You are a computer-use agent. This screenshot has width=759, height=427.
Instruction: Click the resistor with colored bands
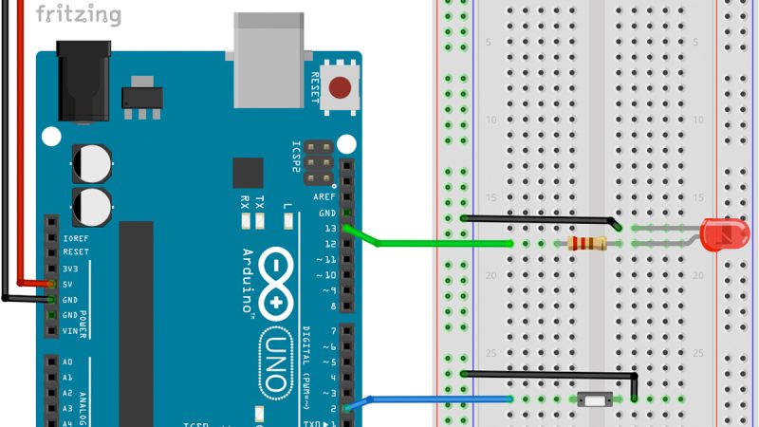(x=587, y=244)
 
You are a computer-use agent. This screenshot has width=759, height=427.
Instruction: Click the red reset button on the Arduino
(x=339, y=89)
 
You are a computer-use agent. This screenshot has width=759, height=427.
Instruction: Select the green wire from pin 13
(x=436, y=244)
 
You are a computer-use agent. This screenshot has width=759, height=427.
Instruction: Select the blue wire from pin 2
(x=436, y=399)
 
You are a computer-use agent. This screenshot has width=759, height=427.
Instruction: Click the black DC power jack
(x=83, y=81)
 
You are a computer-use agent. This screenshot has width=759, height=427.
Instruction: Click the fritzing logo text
(x=79, y=14)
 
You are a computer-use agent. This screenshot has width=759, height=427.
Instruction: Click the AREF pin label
(x=324, y=196)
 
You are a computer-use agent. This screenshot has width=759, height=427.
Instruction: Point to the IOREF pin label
(x=75, y=237)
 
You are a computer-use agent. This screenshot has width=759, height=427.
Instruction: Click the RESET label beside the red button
(x=316, y=88)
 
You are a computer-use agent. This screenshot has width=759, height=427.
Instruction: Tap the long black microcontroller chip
(x=136, y=323)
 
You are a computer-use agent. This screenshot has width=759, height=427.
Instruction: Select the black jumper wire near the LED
(x=541, y=219)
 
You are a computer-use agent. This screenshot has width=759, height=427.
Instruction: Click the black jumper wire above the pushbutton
(x=550, y=374)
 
